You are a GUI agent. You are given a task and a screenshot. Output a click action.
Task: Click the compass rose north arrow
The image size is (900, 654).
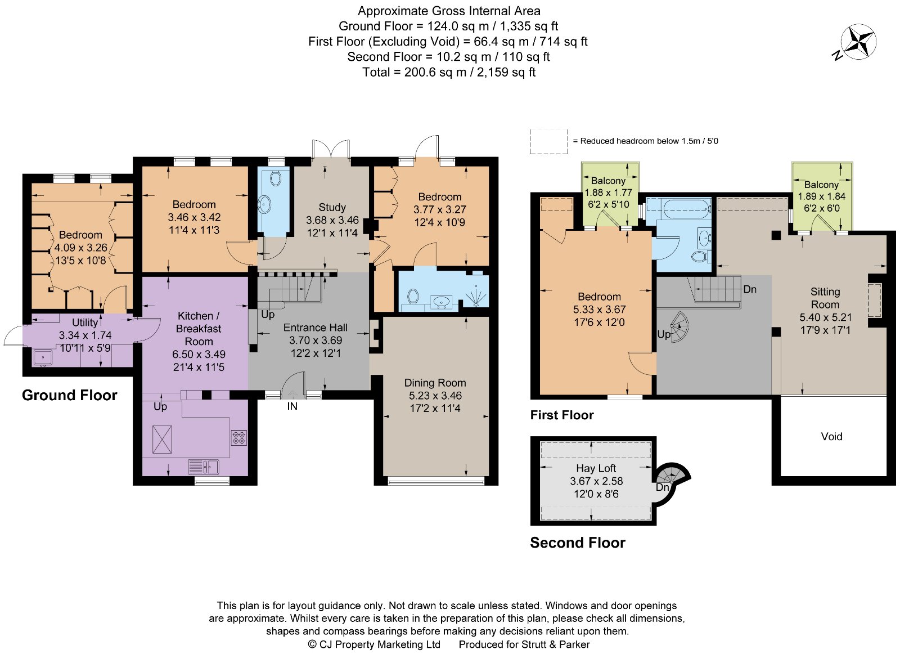[x=858, y=42]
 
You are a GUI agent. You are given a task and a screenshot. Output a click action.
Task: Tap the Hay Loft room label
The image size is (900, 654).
[x=596, y=468]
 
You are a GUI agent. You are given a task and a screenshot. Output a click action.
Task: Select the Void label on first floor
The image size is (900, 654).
[x=831, y=437]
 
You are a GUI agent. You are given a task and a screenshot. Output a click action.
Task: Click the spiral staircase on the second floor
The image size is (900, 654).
[x=671, y=476]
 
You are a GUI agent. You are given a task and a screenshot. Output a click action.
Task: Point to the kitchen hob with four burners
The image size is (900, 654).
[x=238, y=437]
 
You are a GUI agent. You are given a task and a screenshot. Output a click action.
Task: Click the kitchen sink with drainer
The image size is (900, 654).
[x=204, y=467]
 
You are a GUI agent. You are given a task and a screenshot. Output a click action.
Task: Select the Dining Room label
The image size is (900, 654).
[x=435, y=383]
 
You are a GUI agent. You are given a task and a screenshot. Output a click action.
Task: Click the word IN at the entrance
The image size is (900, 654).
[x=292, y=406]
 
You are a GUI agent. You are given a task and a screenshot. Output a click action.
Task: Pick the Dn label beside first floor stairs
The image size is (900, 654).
[x=749, y=289]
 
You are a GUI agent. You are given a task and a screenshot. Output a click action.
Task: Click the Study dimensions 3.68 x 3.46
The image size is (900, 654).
[x=332, y=220]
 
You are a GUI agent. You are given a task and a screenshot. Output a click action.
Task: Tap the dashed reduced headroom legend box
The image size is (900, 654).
[x=548, y=141]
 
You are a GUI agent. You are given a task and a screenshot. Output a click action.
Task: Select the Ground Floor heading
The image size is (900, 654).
[x=69, y=395]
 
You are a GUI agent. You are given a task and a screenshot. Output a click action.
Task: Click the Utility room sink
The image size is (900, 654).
[x=42, y=357]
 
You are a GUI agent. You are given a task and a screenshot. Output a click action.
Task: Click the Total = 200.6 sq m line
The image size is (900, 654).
[x=448, y=72]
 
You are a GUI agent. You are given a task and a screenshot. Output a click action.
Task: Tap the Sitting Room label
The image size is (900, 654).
[x=825, y=298]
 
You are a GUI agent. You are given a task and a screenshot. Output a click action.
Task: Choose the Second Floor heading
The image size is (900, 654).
[x=577, y=543]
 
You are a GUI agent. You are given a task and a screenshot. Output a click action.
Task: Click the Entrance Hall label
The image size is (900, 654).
[x=315, y=328]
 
